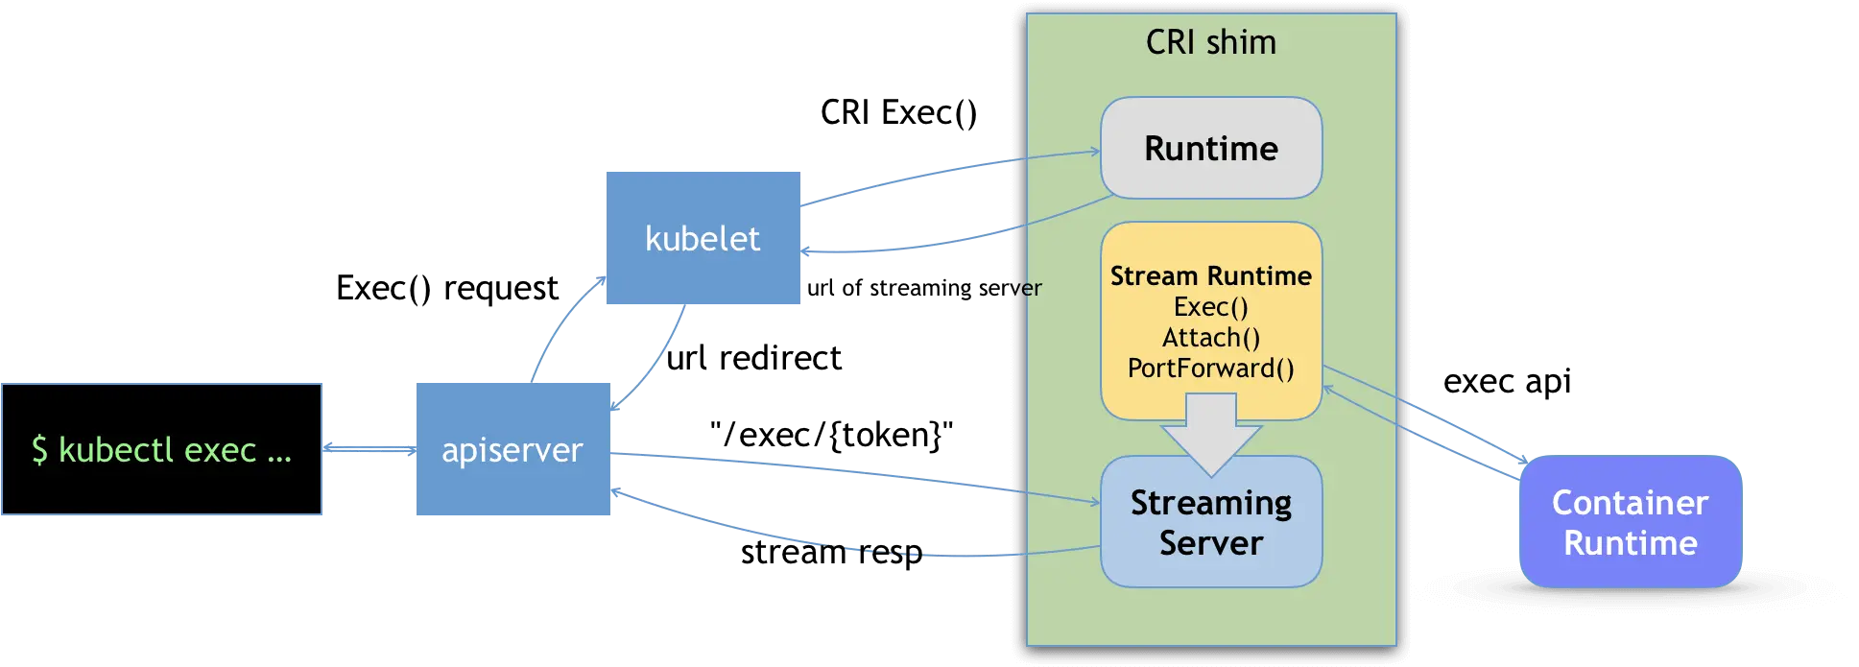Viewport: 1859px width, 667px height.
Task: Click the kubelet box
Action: point(704,238)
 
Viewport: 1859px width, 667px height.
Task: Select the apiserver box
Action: point(512,449)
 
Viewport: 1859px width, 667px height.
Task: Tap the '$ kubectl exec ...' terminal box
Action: point(160,449)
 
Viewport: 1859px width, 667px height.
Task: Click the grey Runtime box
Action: point(1210,148)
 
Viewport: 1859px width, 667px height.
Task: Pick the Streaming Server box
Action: point(1210,522)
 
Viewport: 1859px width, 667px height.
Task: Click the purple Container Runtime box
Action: point(1630,522)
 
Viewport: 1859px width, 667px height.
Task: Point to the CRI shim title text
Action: point(1210,42)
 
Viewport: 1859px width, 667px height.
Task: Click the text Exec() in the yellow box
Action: point(1210,307)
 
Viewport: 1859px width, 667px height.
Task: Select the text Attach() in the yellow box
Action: point(1210,338)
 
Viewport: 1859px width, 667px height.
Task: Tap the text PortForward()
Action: point(1210,369)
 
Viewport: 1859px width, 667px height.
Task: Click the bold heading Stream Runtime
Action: point(1210,276)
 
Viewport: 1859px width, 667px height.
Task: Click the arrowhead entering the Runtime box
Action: point(1094,151)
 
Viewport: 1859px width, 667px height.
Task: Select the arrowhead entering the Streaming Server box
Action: point(1094,501)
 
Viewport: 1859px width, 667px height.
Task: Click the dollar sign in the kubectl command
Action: point(39,449)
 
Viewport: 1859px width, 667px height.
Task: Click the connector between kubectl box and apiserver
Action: point(369,448)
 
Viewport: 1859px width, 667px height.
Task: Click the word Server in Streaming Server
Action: point(1210,543)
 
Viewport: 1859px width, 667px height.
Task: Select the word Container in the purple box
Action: point(1630,503)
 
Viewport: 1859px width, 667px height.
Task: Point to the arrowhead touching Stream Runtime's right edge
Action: point(1328,389)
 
